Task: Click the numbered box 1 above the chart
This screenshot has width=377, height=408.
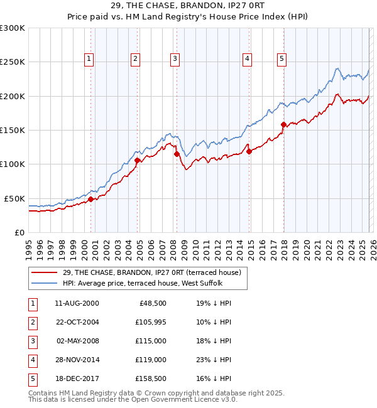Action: tap(89, 59)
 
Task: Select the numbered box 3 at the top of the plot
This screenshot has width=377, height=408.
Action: tap(174, 59)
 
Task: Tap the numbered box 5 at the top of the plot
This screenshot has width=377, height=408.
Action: tap(281, 59)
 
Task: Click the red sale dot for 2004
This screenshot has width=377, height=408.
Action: tap(137, 160)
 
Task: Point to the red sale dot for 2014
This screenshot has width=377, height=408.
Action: tap(249, 151)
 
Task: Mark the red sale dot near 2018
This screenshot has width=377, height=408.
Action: tap(283, 124)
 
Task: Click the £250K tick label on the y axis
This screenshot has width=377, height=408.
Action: tap(12, 62)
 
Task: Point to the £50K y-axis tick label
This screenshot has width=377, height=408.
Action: tap(14, 198)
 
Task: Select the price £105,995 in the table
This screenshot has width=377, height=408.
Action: tap(148, 322)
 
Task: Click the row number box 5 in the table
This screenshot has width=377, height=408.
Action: tap(31, 378)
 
